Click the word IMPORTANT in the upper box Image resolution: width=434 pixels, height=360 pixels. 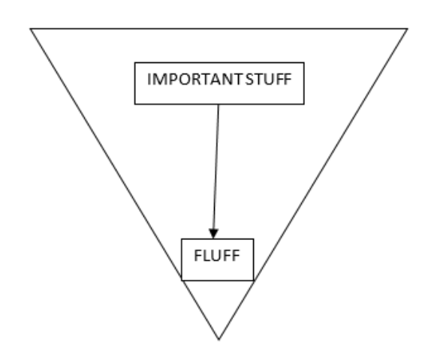coord(195,79)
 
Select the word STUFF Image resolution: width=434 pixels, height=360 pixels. coord(269,79)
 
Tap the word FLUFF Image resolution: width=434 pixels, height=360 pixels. coord(217,256)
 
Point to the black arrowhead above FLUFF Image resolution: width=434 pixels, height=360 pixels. coord(213,234)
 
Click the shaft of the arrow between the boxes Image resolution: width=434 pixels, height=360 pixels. coord(216,166)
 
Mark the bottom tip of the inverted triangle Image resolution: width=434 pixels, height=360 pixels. coord(219,340)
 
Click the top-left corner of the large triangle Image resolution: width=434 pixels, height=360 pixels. coord(30,28)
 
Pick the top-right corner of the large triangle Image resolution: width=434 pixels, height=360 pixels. coord(408,28)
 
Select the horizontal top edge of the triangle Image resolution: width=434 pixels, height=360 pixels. coord(219,28)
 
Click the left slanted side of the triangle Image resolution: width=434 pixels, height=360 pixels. coord(125,184)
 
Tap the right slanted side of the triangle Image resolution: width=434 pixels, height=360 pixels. coord(313,184)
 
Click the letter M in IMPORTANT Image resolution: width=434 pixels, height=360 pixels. coord(158,79)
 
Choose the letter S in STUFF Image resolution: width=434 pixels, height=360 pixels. coord(249,79)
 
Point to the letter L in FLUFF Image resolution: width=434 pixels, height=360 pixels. coord(207,256)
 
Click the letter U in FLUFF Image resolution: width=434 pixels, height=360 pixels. coord(217,256)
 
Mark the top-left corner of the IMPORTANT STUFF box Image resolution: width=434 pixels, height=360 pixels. coord(135,63)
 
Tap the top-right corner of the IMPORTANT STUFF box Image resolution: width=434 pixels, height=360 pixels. coord(304,63)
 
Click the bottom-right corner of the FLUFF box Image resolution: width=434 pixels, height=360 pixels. coord(254,280)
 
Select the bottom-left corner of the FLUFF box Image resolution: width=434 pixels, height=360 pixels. coord(182,280)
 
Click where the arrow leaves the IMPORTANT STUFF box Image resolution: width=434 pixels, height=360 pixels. coord(219,104)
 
